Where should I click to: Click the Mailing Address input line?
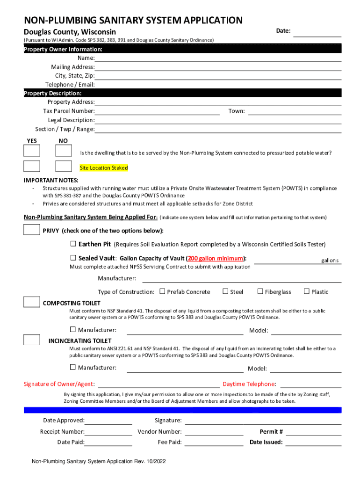(x=218, y=67)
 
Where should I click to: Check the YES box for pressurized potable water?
(x=32, y=151)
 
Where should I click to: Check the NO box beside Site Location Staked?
(x=63, y=166)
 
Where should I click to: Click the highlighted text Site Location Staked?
(x=104, y=168)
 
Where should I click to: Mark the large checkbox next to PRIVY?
(x=32, y=230)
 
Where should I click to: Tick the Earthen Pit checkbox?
(x=73, y=244)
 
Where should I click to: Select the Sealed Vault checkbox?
(x=73, y=258)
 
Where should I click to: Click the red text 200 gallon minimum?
(x=216, y=258)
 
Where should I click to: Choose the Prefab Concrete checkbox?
(x=162, y=291)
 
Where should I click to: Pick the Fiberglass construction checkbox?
(x=260, y=291)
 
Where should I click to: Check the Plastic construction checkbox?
(x=307, y=291)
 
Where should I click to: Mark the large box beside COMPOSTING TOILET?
(x=32, y=302)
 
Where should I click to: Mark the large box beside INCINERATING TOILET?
(x=32, y=340)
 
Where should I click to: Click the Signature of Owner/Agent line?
(x=158, y=385)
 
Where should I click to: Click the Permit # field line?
(x=313, y=432)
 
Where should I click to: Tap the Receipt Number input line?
(x=108, y=432)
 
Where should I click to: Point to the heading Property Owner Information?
(x=63, y=49)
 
